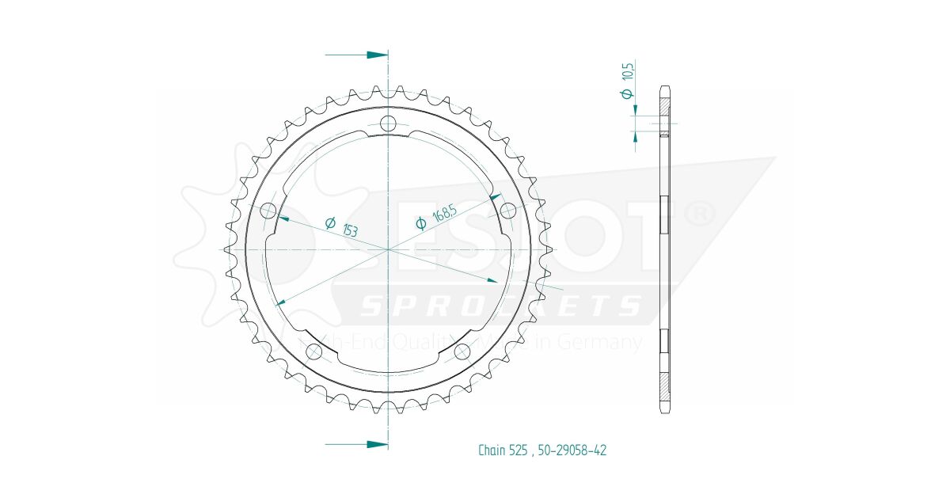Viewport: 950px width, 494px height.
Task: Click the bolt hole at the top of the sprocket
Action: [388, 123]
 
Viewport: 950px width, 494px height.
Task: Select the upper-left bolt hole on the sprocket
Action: [268, 211]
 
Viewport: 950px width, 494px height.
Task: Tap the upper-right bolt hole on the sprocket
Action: [507, 211]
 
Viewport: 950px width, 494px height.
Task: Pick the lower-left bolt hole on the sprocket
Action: [314, 351]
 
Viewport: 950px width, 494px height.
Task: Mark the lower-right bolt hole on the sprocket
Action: [462, 351]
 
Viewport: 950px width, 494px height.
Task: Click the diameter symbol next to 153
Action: [331, 222]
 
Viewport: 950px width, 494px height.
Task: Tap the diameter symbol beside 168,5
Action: [422, 225]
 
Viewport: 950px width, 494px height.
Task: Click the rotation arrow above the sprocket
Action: [357, 55]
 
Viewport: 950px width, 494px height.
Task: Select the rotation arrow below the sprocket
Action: [357, 444]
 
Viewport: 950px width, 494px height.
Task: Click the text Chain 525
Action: [503, 450]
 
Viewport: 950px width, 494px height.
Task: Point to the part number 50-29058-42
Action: [572, 450]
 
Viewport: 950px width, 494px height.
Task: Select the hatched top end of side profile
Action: [665, 99]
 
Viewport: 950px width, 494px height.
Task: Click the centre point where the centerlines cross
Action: [388, 249]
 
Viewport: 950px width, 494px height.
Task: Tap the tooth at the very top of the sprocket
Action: [388, 89]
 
